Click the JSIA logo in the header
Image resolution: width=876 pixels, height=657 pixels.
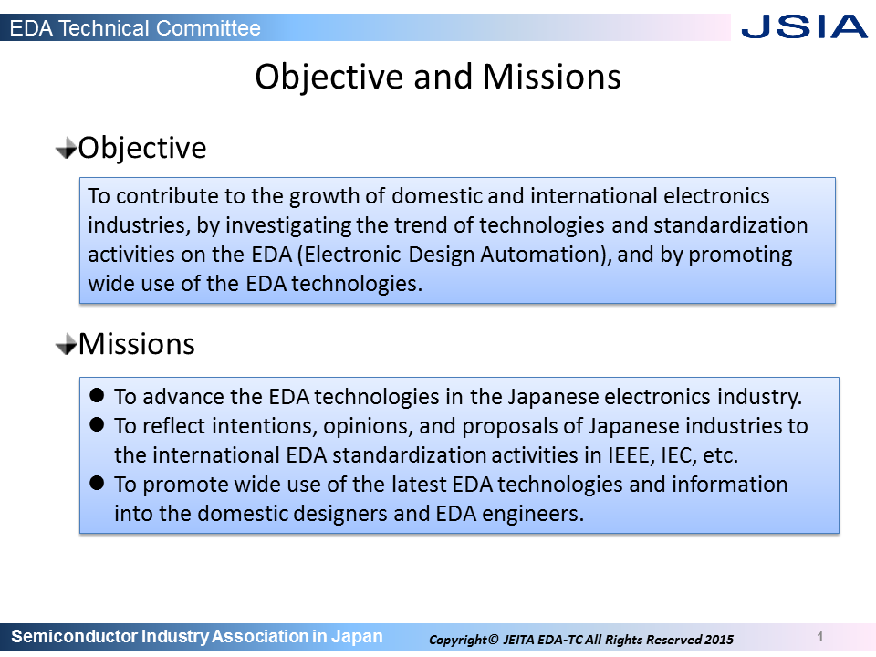[804, 26]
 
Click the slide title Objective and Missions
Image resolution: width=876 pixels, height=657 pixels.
[438, 77]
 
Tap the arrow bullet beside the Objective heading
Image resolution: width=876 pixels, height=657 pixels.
[66, 149]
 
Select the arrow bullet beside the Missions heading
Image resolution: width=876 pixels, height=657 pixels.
[66, 344]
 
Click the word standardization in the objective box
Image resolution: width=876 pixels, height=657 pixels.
[730, 225]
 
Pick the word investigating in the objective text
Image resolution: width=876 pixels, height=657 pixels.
[288, 225]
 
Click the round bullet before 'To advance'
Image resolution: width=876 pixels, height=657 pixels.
[97, 395]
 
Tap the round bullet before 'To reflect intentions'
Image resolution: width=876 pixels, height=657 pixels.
[97, 424]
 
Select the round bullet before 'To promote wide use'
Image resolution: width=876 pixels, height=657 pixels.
[97, 483]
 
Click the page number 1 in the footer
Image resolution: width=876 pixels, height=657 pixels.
[820, 636]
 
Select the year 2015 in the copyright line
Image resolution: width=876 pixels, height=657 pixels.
[719, 640]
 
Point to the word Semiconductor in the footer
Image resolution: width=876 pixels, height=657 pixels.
[74, 636]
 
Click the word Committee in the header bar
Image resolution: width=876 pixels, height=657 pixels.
[208, 28]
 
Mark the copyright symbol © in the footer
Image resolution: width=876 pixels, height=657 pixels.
[493, 639]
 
